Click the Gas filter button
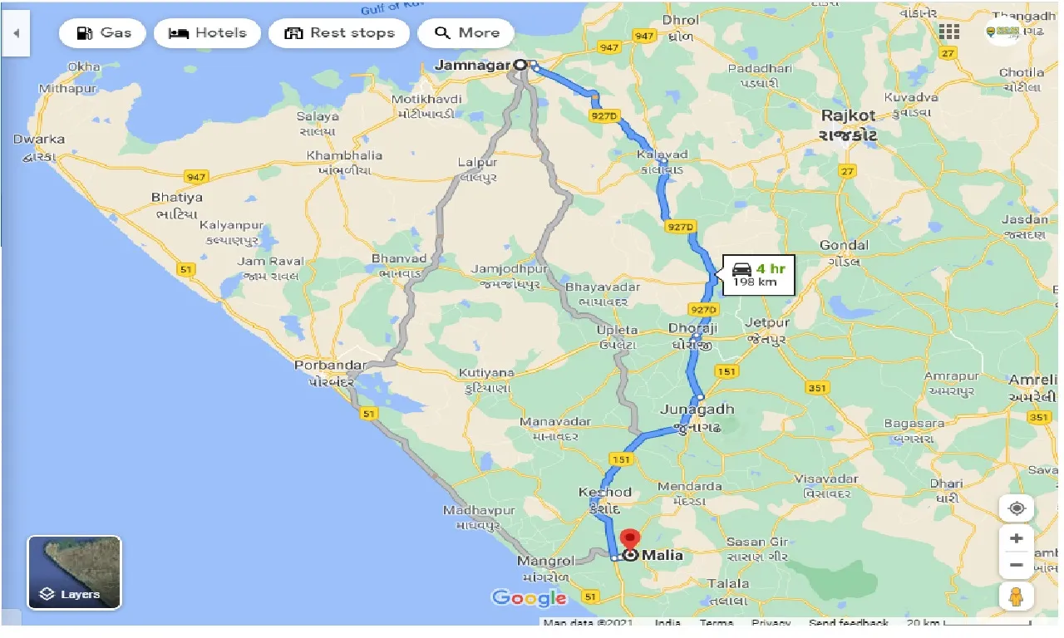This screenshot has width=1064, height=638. (103, 33)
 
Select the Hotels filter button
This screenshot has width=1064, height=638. (208, 33)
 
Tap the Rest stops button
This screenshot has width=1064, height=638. (338, 33)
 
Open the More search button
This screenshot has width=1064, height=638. (466, 33)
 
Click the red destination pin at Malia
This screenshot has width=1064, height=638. (630, 540)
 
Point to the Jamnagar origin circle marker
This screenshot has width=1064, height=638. (520, 65)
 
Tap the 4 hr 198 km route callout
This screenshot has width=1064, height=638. (757, 275)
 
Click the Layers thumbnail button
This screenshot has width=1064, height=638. (74, 572)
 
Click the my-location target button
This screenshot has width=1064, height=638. (1016, 508)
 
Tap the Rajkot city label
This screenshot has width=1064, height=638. (847, 115)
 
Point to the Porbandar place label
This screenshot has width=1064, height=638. (329, 365)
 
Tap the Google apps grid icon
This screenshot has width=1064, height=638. (948, 32)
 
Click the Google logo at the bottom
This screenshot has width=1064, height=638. (529, 598)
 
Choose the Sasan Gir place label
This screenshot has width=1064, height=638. (756, 542)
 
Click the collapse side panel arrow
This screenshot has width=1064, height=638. (16, 33)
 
